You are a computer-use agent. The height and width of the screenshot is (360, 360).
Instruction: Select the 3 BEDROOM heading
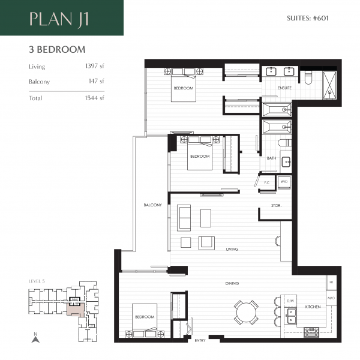(x=56, y=50)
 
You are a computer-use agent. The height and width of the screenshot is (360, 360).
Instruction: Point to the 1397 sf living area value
(x=94, y=67)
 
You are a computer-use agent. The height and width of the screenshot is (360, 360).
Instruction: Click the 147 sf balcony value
(x=97, y=82)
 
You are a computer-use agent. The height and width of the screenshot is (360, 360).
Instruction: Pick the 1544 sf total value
(x=94, y=98)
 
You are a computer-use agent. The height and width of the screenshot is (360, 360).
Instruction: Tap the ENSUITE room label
(x=284, y=88)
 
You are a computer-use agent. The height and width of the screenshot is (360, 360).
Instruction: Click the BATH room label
(x=272, y=158)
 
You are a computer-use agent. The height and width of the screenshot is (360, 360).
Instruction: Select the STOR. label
(x=276, y=206)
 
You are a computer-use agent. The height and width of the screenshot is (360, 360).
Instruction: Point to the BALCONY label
(x=152, y=205)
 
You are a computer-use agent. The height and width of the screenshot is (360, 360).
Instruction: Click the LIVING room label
(x=232, y=249)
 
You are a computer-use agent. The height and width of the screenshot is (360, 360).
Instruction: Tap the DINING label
(x=232, y=283)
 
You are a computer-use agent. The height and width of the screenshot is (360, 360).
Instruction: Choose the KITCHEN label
(x=313, y=307)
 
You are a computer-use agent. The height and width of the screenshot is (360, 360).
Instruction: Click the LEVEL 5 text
(x=37, y=281)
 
